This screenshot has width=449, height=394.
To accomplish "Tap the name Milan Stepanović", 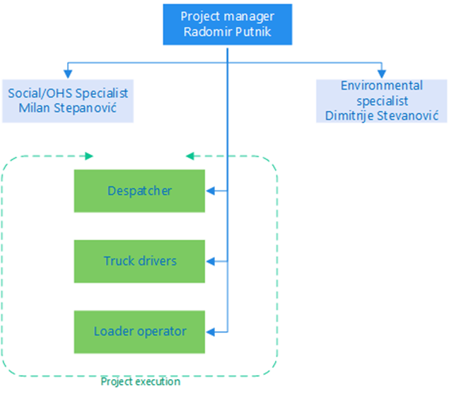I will (68, 109).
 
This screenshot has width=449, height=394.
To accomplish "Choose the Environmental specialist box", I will (382, 100).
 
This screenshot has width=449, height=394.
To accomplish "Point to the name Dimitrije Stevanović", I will (382, 115).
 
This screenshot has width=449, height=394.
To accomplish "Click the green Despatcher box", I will (139, 191).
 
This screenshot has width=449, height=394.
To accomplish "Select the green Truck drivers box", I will (139, 261).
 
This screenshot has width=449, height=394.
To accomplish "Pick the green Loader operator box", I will (139, 330).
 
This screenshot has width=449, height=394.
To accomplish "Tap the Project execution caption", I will (140, 382).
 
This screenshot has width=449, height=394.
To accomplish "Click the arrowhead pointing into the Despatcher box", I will (209, 191).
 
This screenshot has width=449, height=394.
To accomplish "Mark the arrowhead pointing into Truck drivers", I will (209, 261).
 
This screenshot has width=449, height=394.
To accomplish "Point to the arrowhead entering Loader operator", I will (209, 330).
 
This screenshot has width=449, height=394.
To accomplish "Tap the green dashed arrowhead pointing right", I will (89, 155).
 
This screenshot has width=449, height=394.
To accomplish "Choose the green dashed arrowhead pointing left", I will (189, 155).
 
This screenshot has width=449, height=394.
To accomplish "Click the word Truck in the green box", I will (117, 261).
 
